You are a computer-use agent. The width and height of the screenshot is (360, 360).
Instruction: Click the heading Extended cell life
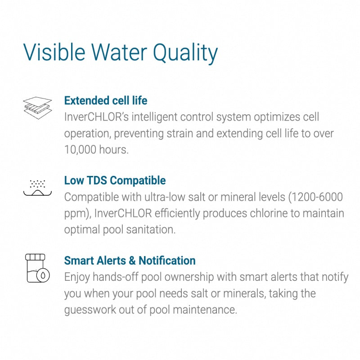point(106,100)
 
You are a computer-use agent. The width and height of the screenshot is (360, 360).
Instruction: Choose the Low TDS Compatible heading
point(115,180)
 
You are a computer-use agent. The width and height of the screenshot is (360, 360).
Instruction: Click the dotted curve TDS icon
point(37,188)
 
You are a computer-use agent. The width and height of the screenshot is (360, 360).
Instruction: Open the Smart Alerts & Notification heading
point(130,261)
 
